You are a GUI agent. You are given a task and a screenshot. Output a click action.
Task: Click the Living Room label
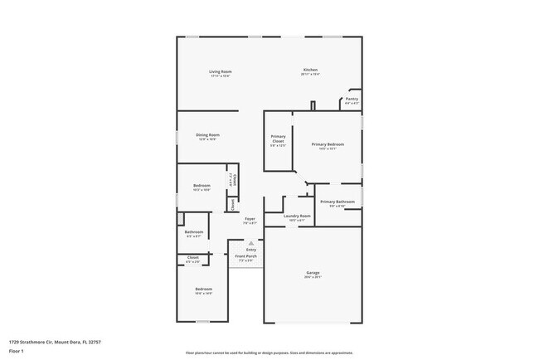220,72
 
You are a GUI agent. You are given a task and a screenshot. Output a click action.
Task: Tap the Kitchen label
310,70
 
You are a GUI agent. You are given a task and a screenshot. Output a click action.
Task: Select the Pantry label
352,99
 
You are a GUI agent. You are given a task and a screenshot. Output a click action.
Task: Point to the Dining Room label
207,134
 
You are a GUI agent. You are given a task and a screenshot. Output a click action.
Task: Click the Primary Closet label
278,139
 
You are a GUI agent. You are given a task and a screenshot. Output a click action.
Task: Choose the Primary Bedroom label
328,144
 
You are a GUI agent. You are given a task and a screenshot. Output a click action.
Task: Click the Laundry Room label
296,216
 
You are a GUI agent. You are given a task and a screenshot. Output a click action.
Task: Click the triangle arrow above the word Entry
250,243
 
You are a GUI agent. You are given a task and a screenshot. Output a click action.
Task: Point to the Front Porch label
245,256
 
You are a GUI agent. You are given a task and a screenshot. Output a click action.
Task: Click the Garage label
313,273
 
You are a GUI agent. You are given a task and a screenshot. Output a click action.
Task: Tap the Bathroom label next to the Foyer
194,231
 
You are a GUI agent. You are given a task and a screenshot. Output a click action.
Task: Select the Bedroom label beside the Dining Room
202,185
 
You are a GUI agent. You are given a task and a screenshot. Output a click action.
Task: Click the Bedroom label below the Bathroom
203,289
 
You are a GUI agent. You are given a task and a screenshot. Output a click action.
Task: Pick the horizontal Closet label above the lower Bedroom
192,257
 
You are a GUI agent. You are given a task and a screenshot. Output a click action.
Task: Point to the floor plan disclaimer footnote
269,352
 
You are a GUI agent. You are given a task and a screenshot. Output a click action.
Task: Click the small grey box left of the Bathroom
180,219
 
